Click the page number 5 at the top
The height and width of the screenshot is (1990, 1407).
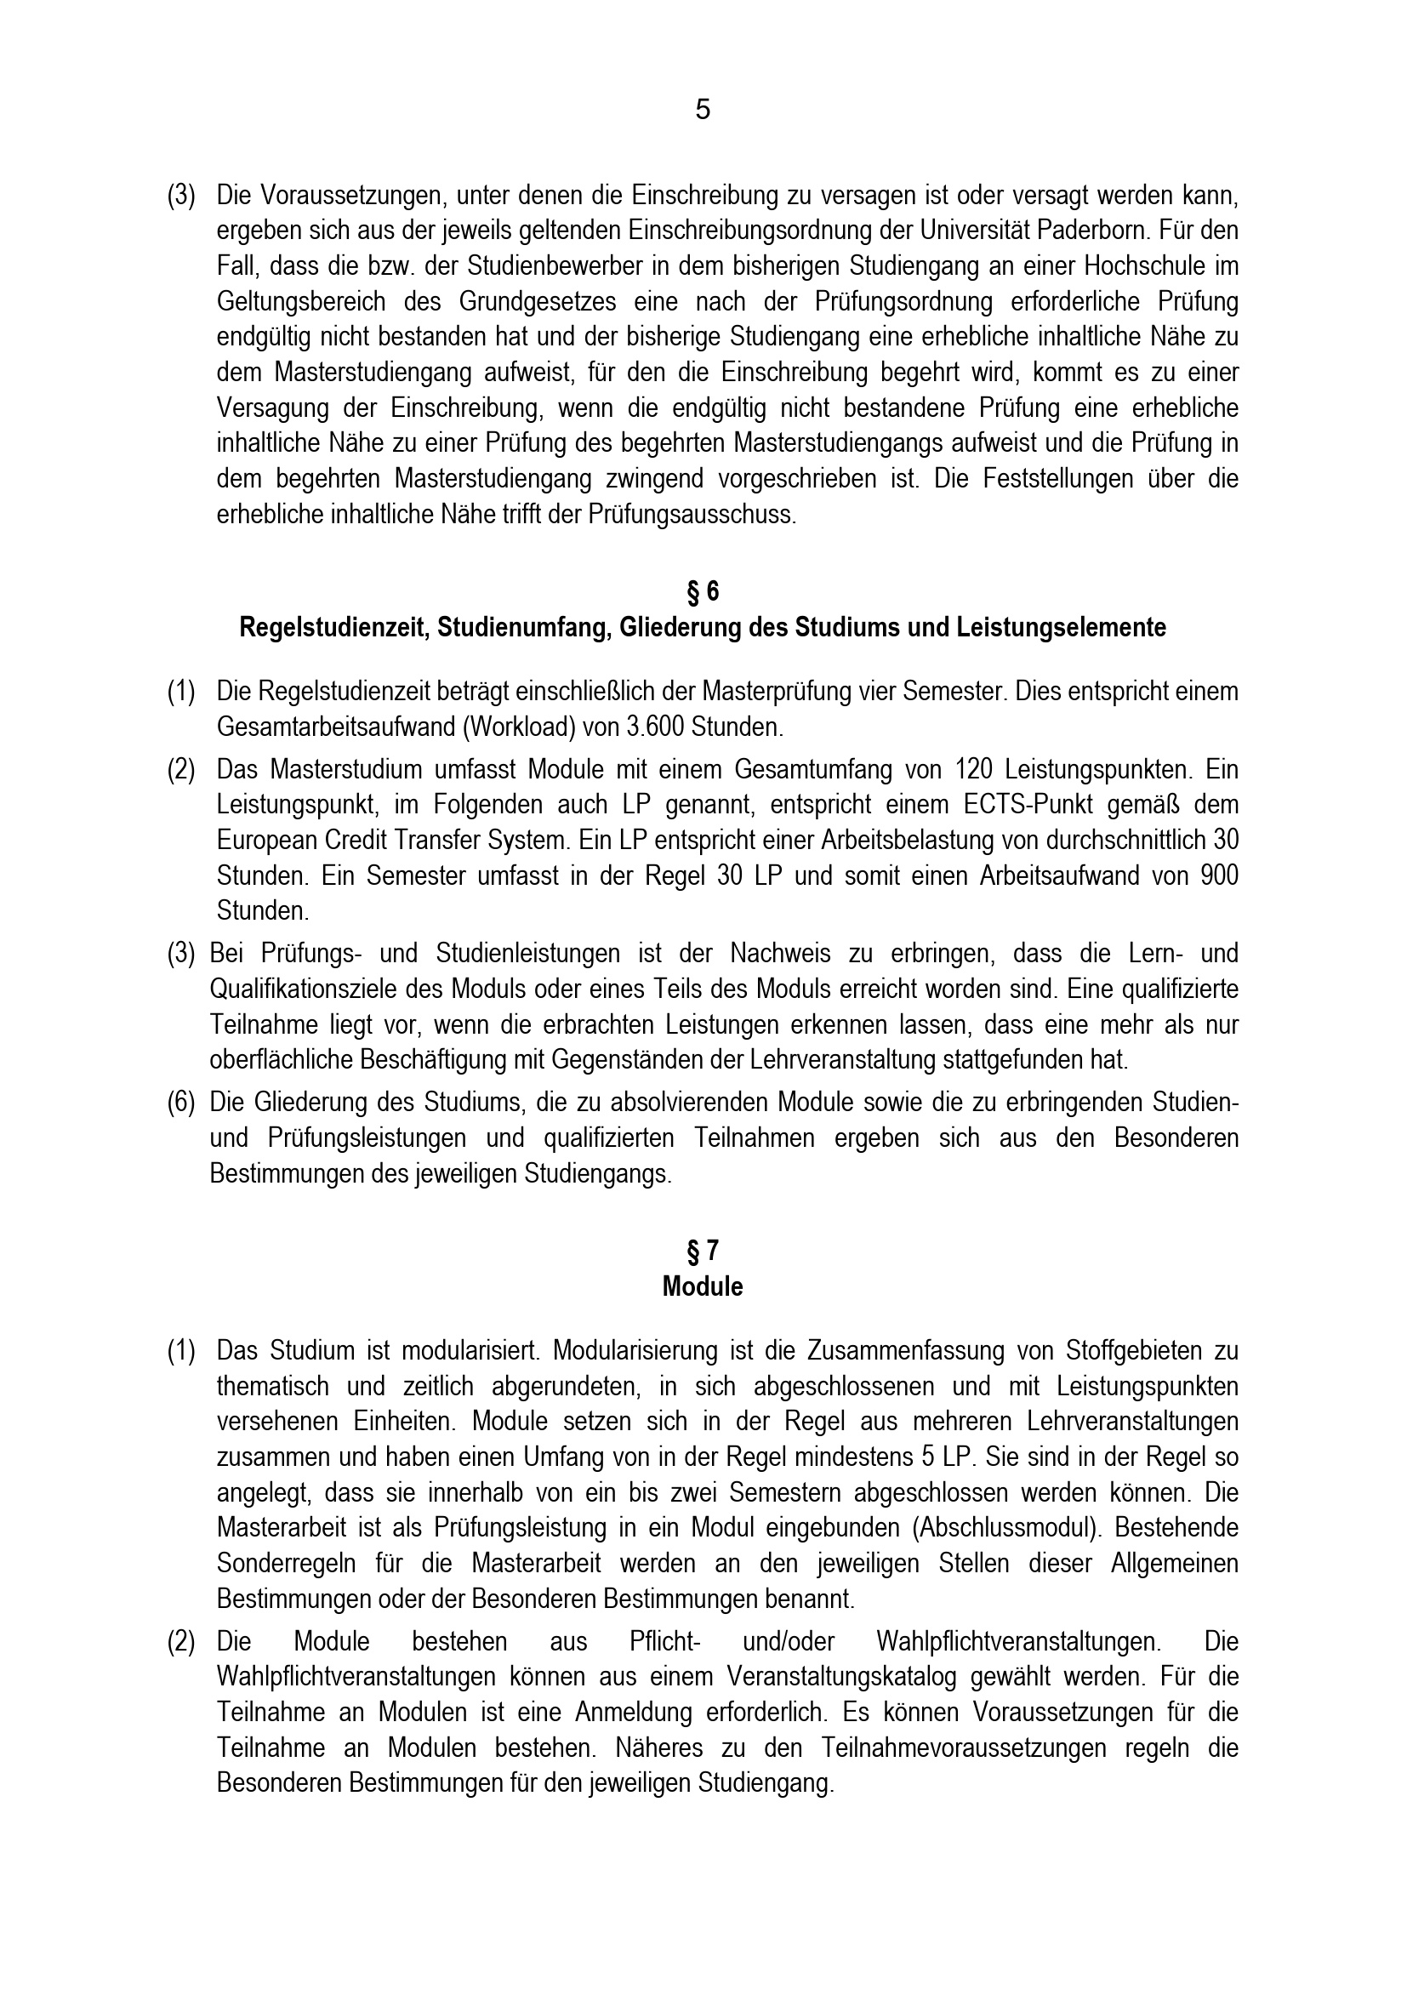703,110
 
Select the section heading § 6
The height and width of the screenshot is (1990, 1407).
703,591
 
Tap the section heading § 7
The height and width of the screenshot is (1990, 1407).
703,1251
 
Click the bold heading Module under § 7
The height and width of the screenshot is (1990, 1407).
703,1286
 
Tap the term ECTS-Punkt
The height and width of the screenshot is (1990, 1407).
1031,805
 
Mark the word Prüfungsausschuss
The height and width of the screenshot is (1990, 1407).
692,515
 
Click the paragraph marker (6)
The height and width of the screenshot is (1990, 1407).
181,1103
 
